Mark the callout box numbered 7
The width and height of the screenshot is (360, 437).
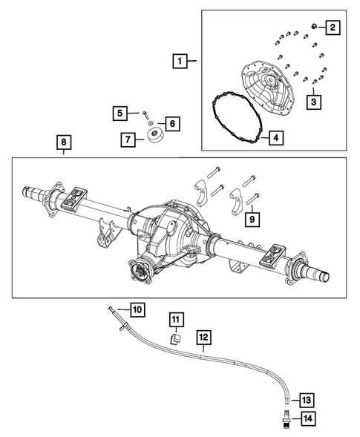pos(127,139)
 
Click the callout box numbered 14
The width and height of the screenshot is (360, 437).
pos(307,420)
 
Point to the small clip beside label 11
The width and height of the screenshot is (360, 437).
pos(176,338)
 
